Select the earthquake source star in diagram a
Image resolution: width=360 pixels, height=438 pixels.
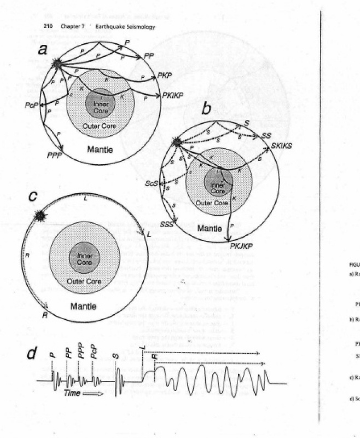click(57, 65)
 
